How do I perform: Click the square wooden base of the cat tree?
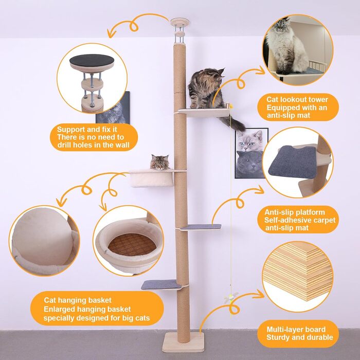pos(183,342)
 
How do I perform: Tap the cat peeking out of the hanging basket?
pos(160,162)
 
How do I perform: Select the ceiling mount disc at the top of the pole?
pos(179,22)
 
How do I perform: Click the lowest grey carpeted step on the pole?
pos(161,285)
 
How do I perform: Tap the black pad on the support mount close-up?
pos(92,60)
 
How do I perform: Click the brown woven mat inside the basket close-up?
pos(132,244)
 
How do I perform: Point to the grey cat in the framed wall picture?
pos(249,164)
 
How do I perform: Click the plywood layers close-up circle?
pos(298,277)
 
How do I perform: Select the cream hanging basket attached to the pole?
pos(152,178)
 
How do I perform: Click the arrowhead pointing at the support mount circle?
pos(111,34)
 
